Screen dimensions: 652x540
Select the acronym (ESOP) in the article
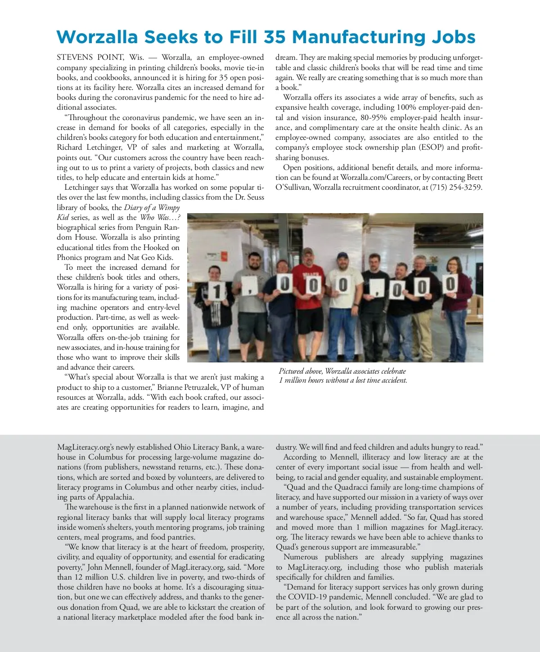[431, 147]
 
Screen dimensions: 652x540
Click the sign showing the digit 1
[216, 292]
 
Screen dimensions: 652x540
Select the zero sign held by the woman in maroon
[450, 285]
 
